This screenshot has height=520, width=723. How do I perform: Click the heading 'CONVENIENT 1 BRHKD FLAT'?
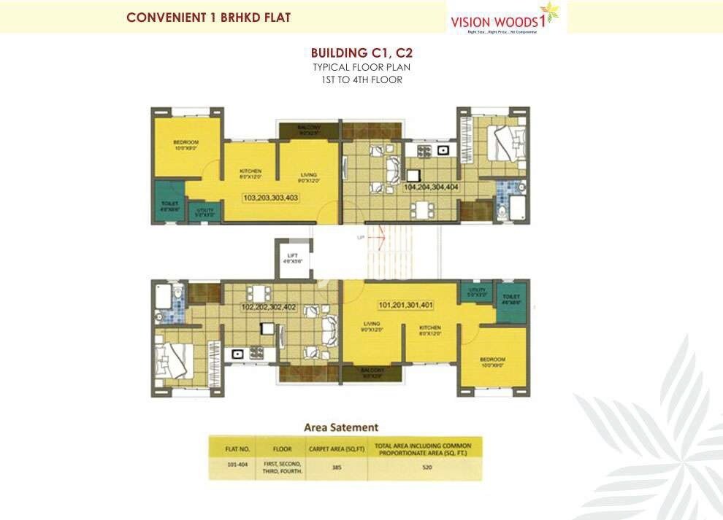tap(208, 18)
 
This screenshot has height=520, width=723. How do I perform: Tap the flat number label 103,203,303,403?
tap(271, 198)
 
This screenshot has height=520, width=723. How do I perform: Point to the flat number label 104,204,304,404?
tap(431, 187)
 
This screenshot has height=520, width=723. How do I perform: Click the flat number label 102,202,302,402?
tap(269, 307)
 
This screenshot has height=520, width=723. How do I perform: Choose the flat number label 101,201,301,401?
tap(406, 304)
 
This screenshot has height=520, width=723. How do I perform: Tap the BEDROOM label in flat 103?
tap(185, 143)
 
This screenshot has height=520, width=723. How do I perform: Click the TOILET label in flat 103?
tap(168, 205)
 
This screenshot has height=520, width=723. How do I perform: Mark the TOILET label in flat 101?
tap(511, 298)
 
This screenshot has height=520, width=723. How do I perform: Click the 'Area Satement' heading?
tap(341, 427)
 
